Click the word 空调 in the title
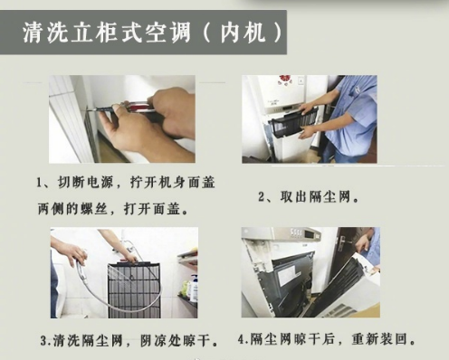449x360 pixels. pos(168,32)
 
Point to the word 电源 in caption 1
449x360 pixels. pos(100,182)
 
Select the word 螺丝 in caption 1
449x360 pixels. pos(94,209)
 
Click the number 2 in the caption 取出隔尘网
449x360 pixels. pos(262,197)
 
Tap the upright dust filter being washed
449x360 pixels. pos(134,290)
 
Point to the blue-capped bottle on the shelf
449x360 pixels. pos(194,289)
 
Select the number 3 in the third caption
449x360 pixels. pos(44,341)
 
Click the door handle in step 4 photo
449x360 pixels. pos(343,242)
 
